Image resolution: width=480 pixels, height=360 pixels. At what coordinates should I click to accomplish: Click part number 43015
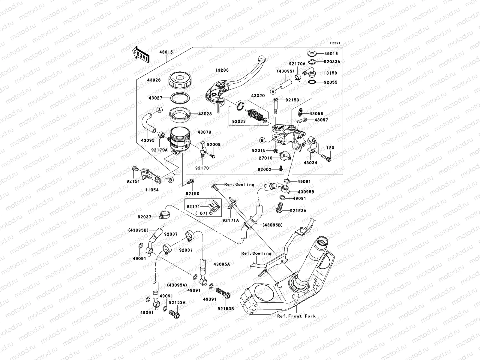coord(166,52)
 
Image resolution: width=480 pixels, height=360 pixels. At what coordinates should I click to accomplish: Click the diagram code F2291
coord(336,43)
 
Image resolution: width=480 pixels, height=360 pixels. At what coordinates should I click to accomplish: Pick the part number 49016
coord(331,54)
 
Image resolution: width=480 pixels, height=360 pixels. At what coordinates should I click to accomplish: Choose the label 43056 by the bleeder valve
coord(316,114)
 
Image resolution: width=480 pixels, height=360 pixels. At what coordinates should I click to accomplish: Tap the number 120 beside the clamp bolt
coord(330,148)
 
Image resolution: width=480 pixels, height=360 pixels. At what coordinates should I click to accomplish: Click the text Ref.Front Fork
coord(296,316)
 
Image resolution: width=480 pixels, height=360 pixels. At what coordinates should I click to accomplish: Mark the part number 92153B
coord(226,308)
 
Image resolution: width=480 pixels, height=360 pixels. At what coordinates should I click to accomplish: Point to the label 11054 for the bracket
coord(152,190)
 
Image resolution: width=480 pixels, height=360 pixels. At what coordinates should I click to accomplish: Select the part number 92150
coord(192,193)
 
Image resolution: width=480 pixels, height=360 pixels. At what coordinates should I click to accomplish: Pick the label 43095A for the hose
coord(222,264)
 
